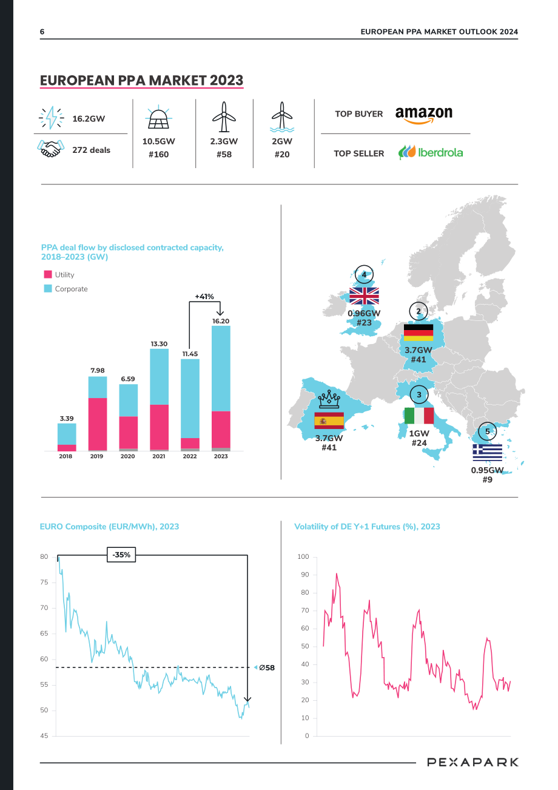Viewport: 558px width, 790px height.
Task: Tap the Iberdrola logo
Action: [x=431, y=152]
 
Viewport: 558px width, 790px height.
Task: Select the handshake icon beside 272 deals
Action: [x=51, y=149]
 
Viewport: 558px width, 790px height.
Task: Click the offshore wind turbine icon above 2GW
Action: [x=281, y=117]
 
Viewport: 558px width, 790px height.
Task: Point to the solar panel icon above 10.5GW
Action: [x=158, y=117]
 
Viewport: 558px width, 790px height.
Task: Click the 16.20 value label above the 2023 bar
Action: [x=221, y=321]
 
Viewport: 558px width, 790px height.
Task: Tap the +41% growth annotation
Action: [x=204, y=296]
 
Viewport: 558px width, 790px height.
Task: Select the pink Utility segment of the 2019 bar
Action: [x=98, y=424]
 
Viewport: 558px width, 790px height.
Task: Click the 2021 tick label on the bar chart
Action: [x=159, y=456]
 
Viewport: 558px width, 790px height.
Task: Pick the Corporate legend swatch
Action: [x=48, y=288]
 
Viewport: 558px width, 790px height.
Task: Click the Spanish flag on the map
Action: [x=329, y=420]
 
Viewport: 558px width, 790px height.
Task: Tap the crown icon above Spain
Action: [x=329, y=399]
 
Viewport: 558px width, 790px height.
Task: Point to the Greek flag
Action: [x=488, y=452]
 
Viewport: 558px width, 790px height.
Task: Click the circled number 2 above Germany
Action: [x=419, y=311]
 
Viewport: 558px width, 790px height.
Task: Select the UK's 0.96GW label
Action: [x=364, y=313]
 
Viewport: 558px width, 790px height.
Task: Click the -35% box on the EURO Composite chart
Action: [x=121, y=555]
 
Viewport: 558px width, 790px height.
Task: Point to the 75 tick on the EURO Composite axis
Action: [x=44, y=582]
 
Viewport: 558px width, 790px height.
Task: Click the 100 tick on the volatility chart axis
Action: [x=303, y=556]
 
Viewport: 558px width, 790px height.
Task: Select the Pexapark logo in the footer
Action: [x=472, y=762]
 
